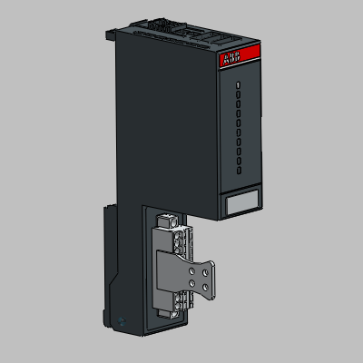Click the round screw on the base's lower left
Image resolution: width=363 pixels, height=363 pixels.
coord(123,318)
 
